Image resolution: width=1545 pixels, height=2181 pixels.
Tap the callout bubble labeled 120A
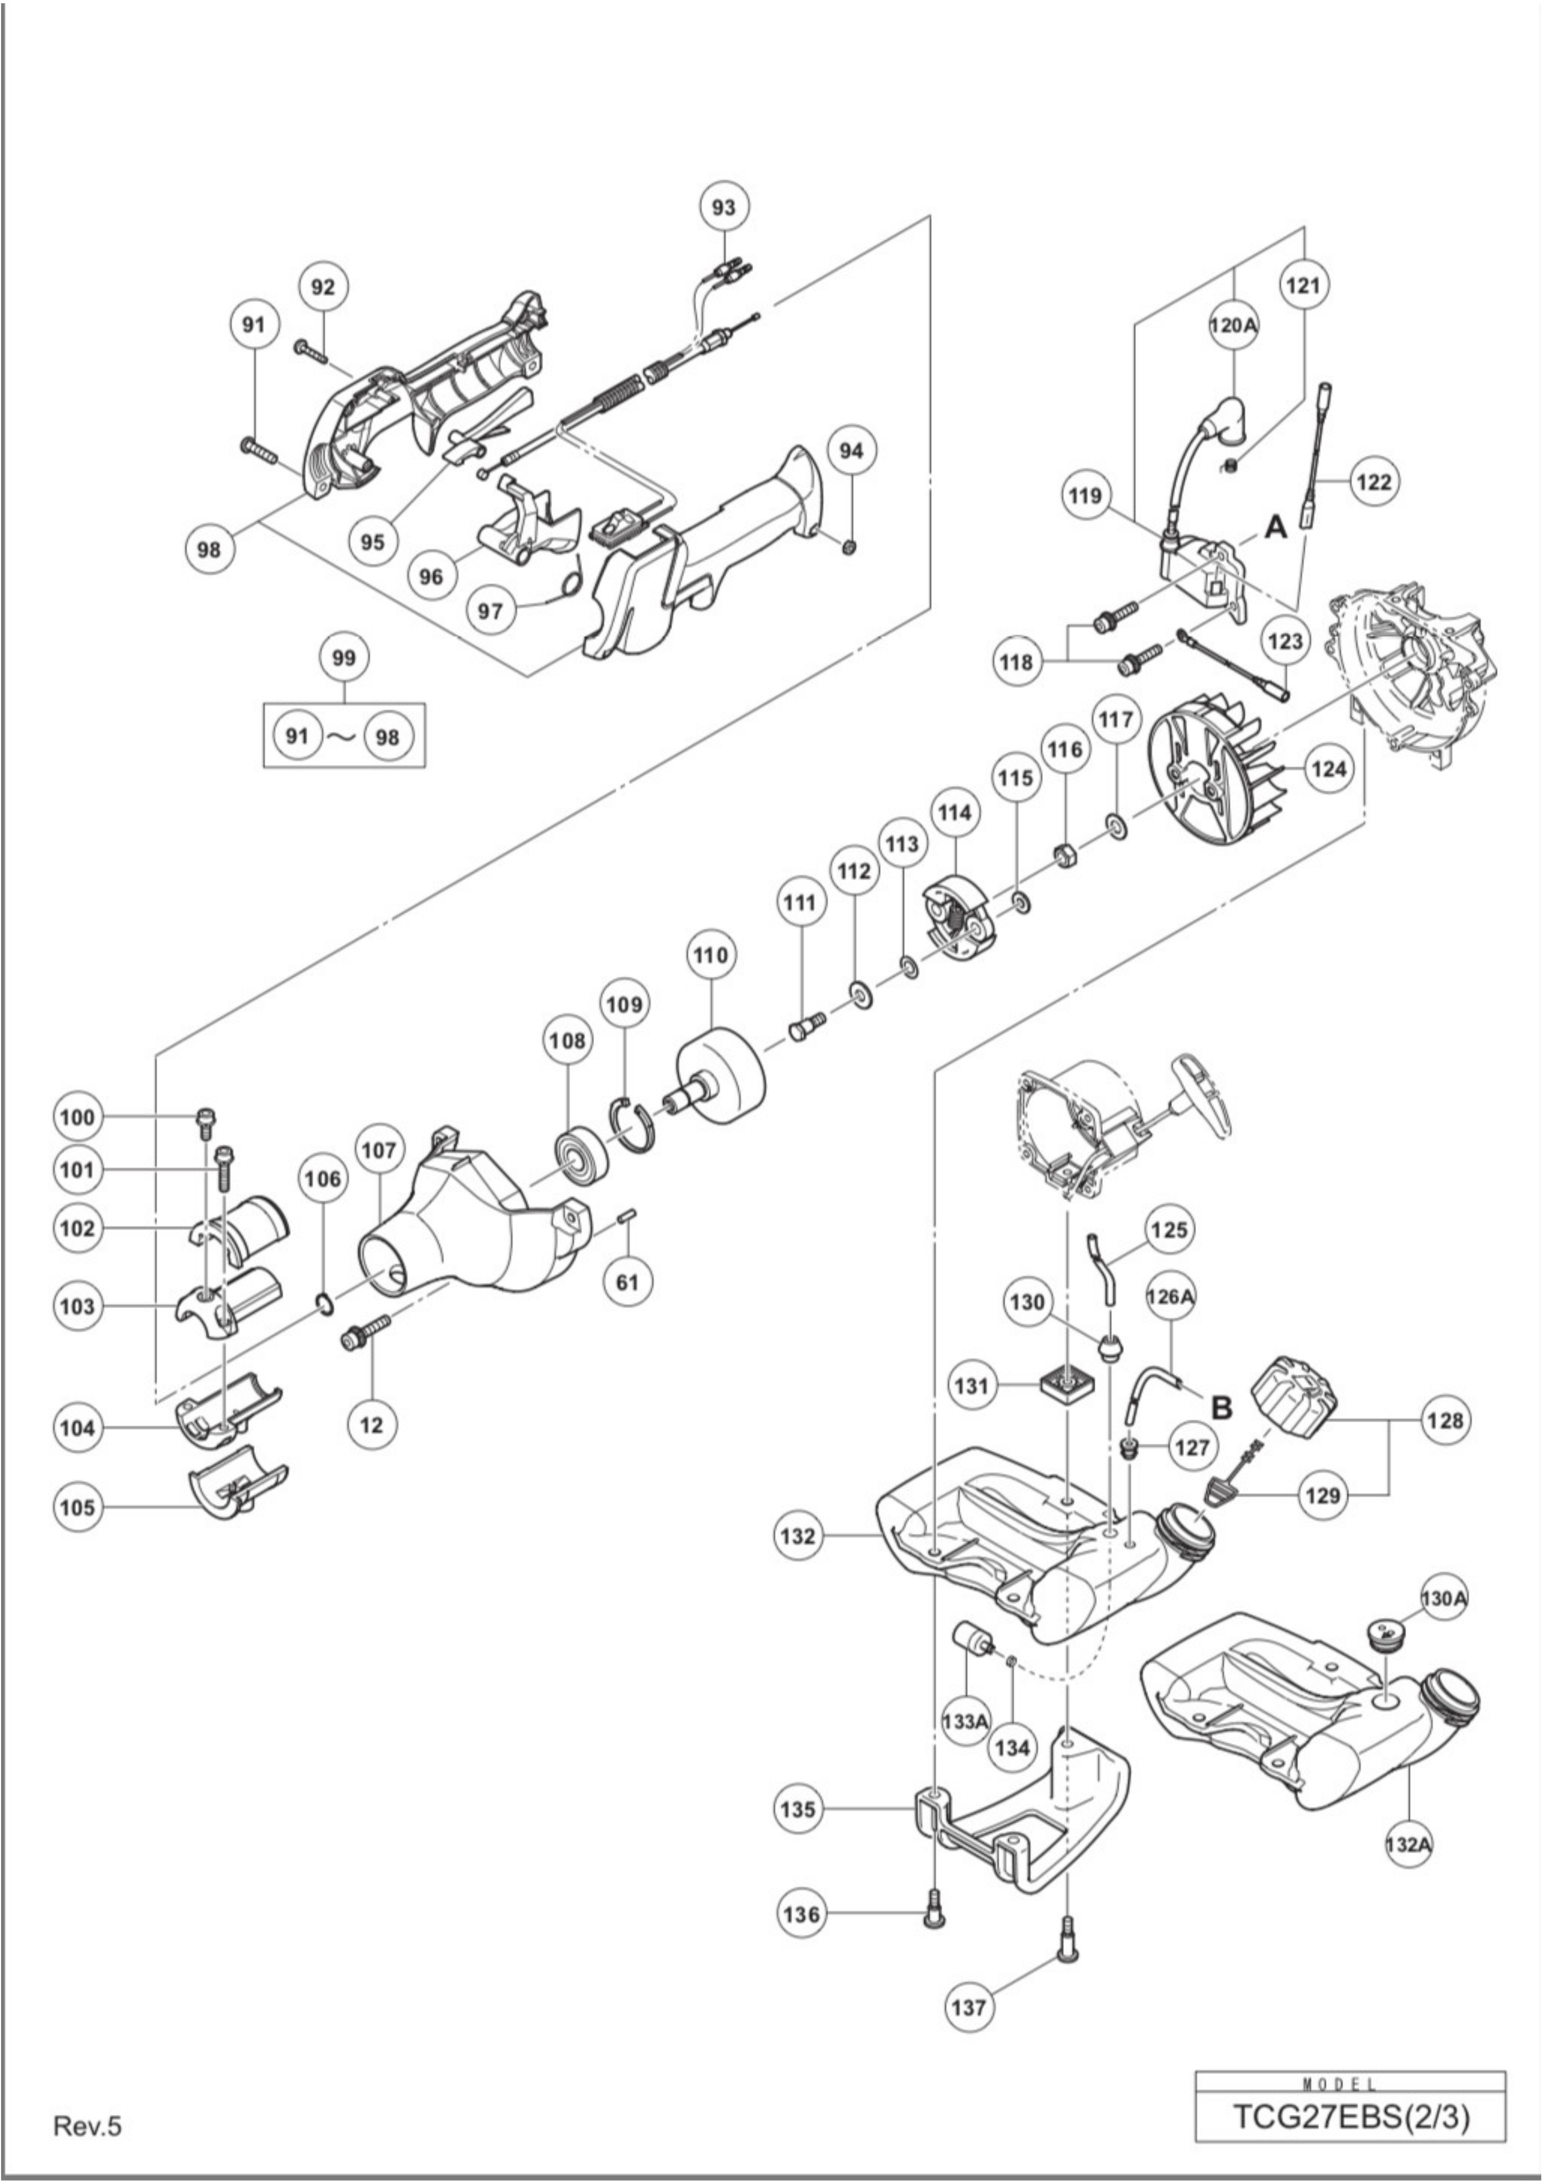1233,325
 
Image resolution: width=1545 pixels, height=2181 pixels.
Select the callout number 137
968,2008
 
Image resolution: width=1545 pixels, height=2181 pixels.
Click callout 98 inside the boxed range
388,736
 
